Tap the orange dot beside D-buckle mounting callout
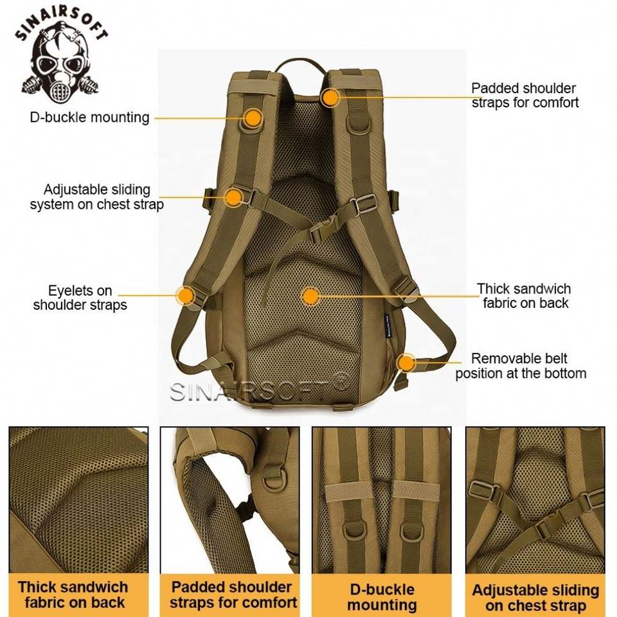(254, 118)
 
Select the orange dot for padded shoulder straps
(330, 98)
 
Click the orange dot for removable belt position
(406, 363)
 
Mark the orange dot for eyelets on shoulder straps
(186, 296)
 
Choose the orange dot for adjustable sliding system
(233, 197)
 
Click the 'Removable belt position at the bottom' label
(521, 366)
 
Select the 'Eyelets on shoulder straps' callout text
(80, 298)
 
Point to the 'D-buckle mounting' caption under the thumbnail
(382, 596)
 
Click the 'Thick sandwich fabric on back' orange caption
(73, 595)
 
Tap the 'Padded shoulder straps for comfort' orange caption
(233, 595)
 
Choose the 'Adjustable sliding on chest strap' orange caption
(535, 597)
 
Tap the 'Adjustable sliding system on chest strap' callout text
(96, 197)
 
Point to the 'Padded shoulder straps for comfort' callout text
(524, 95)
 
